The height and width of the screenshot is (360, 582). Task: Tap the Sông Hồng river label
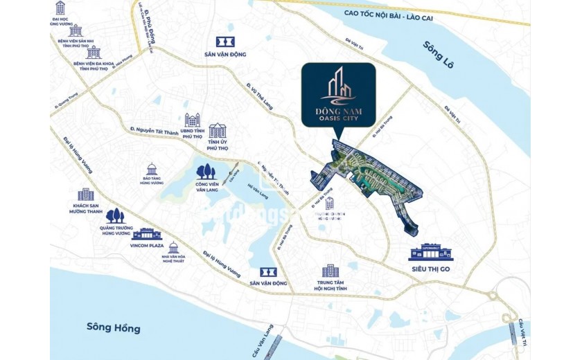tap(114, 327)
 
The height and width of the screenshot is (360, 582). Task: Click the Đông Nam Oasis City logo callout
tap(338, 95)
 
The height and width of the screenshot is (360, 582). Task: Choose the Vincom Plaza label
tap(147, 246)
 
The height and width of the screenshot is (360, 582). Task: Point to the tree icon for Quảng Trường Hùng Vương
tap(116, 215)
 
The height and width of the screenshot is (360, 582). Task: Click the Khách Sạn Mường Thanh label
tap(86, 209)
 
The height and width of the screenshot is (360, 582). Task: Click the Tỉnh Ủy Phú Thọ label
tap(218, 146)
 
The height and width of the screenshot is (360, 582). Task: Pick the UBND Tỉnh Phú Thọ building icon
tap(192, 120)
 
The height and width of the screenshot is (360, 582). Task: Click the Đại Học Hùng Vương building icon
tap(60, 8)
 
